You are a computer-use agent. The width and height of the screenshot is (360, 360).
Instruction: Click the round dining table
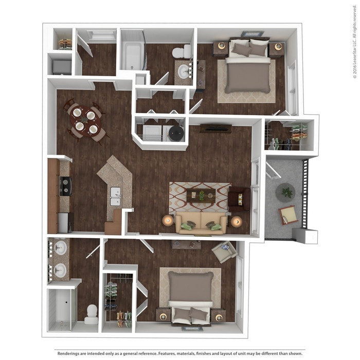pos(84,120)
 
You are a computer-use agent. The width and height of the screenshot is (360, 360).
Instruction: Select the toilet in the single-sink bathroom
pos(179,51)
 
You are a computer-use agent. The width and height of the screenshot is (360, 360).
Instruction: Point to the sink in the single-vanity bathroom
pos(183,71)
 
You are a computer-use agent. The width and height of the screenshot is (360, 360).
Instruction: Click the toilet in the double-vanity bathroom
pos(92,314)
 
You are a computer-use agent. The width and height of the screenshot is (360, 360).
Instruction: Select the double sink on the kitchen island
pos(115,196)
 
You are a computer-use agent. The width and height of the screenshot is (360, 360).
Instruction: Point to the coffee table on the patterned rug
pos(201,195)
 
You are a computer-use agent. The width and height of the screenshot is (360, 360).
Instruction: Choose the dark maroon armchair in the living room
pos(239,199)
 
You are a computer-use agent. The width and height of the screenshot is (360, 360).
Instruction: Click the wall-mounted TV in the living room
pos(215,128)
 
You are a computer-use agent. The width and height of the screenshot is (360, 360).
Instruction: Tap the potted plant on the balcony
pos(285,192)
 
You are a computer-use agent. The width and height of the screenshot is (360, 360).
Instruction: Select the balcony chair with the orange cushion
pos(288,214)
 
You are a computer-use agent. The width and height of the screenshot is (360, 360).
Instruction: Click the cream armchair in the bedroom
pos(225,251)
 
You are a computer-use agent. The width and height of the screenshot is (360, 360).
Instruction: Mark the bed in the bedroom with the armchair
pos(190,296)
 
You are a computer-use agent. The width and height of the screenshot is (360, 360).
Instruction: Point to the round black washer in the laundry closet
pos(176,133)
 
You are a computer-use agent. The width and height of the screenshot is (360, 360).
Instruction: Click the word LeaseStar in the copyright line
pos(354,49)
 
